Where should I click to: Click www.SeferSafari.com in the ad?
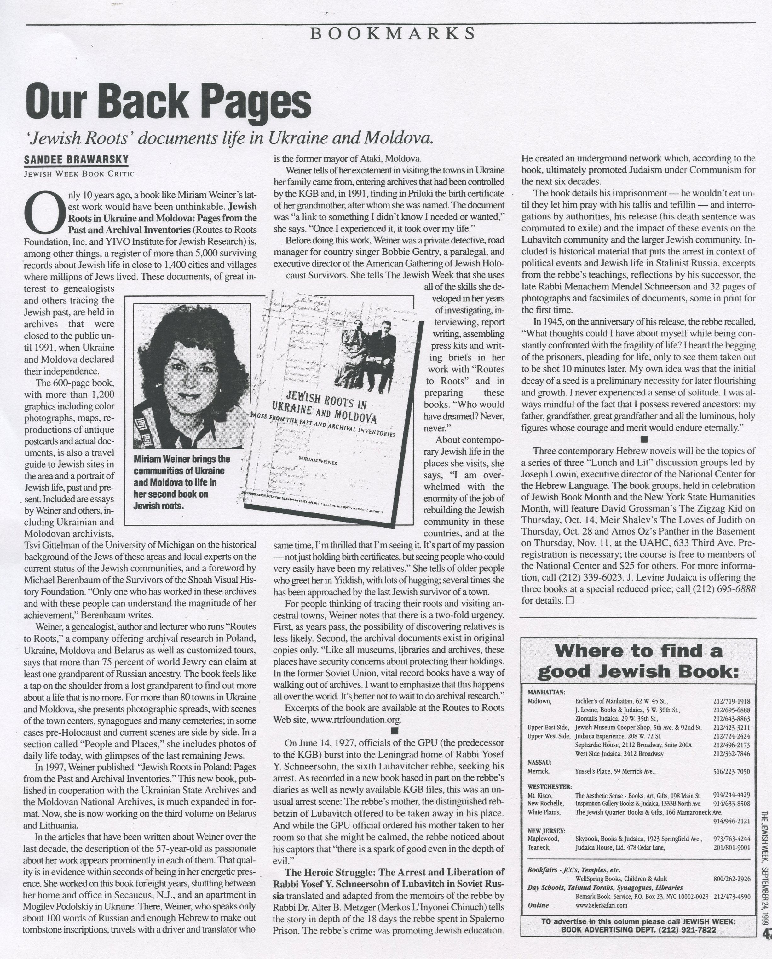point(601,904)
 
